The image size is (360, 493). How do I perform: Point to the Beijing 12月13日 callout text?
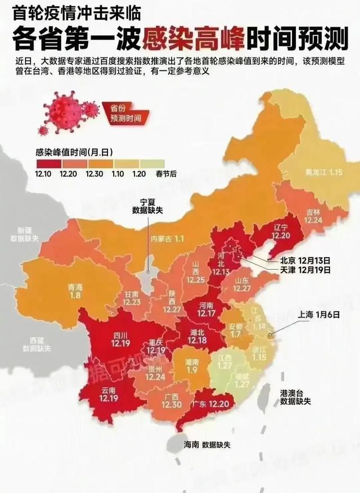point(305,261)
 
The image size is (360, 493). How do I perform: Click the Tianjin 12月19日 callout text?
point(305,270)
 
